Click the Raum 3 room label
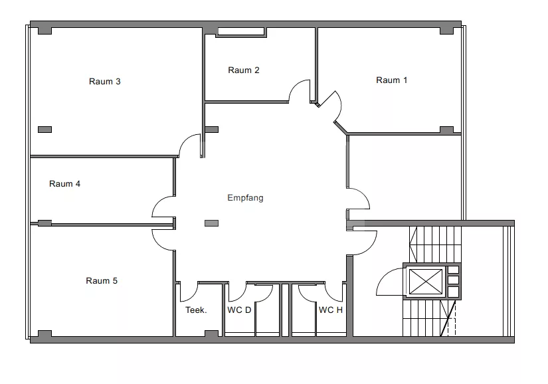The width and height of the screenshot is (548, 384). pos(104,82)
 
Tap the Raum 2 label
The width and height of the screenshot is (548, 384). pos(244,70)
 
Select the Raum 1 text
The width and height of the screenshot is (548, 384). pos(391,80)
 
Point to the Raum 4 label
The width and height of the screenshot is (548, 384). pos(64,184)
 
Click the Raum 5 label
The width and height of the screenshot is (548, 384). pos(102,281)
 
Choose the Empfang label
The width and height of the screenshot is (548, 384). pos(245,198)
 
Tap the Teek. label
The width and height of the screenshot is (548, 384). pos(196,310)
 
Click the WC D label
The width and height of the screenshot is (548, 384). pos(239,310)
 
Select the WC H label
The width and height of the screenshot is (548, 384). pos(331,310)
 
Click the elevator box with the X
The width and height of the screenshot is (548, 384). pos(425,282)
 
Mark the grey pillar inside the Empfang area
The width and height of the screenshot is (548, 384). pos(211,223)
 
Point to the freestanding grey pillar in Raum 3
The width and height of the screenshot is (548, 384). pos(45,130)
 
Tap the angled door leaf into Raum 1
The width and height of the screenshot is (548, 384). pos(327,98)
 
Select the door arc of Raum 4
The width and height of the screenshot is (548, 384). pos(158,202)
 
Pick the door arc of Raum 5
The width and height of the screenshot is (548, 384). pos(158,244)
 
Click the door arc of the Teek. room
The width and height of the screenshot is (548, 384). pos(191,297)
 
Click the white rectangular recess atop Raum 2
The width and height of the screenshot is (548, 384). pos(241,31)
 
